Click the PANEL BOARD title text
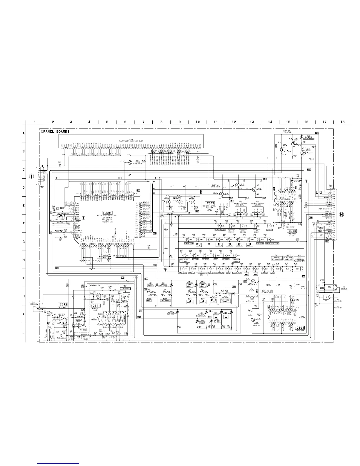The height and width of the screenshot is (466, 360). pyautogui.click(x=55, y=132)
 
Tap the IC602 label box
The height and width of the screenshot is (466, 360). pyautogui.click(x=210, y=203)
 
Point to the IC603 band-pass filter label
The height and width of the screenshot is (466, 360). pyautogui.click(x=292, y=231)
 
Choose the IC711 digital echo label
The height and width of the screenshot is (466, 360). pyautogui.click(x=96, y=306)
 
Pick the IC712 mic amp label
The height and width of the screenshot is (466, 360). pyautogui.click(x=63, y=304)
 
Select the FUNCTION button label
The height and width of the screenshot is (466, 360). pyautogui.click(x=259, y=244)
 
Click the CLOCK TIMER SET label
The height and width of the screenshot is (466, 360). pyautogui.click(x=272, y=244)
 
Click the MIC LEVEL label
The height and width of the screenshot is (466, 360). pyautogui.click(x=61, y=338)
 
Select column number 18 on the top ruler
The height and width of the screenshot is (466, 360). pyautogui.click(x=342, y=122)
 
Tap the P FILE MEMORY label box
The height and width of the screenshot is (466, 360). pyautogui.click(x=232, y=232)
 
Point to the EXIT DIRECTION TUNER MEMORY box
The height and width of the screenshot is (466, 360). pyautogui.click(x=299, y=259)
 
